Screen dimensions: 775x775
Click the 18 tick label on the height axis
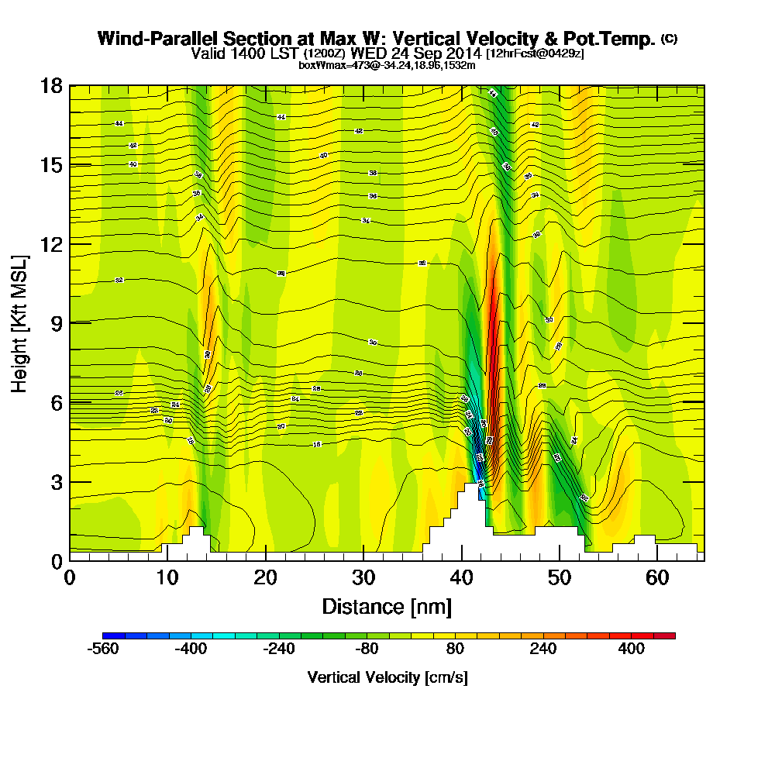click(51, 85)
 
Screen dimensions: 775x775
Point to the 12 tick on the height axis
click(70, 244)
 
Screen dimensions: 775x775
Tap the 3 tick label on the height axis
click(56, 482)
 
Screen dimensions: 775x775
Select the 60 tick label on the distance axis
click(657, 577)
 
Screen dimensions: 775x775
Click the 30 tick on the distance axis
click(363, 560)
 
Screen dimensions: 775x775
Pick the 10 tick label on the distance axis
click(167, 577)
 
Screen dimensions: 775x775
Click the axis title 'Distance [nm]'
click(387, 606)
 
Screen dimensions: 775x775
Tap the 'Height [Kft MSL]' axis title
click(19, 322)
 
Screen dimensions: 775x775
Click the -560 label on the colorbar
click(103, 649)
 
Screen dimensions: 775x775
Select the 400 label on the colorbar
click(632, 649)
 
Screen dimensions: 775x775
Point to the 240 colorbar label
click(543, 649)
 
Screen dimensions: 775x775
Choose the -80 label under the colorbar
click(367, 649)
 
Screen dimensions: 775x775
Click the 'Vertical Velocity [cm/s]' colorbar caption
click(387, 677)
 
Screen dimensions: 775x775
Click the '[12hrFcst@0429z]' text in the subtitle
click(536, 53)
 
